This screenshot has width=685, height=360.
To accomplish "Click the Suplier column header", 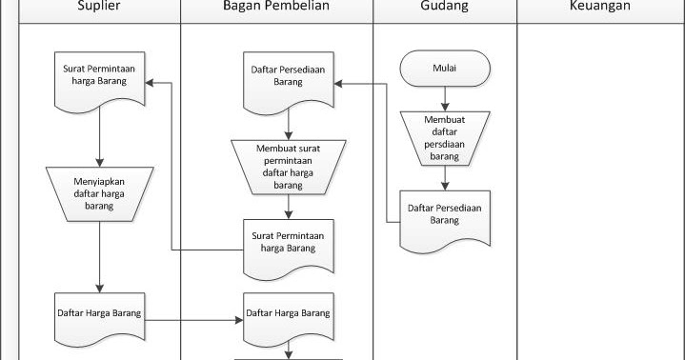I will pos(99,7).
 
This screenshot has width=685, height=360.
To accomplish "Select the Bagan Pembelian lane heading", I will pos(276,7).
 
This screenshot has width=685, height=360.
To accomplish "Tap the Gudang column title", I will pos(444,7).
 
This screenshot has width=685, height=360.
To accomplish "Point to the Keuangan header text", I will pos(599,7).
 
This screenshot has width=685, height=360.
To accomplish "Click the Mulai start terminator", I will pos(445,69).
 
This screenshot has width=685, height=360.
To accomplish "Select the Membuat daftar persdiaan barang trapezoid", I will pos(445,136).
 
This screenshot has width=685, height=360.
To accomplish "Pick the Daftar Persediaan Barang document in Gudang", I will pos(445,214).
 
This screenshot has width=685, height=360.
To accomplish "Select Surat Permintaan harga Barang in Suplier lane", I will pos(99,77).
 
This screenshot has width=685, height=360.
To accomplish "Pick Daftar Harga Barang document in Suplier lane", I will pos(99,312).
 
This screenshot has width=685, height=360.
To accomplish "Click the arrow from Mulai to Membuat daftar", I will pos(445,98).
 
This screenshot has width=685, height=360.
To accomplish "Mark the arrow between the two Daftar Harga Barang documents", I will pos(191,320).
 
